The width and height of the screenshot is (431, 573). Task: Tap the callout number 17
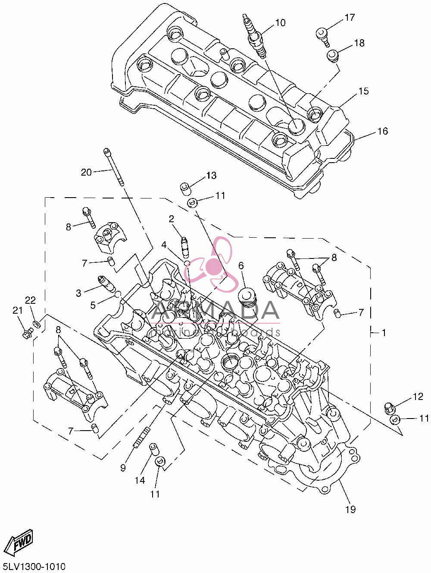[x=350, y=17]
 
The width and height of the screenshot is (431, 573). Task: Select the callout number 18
[x=359, y=43]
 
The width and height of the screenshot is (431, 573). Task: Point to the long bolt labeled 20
[x=114, y=167]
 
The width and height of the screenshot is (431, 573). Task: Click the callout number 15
[x=363, y=91]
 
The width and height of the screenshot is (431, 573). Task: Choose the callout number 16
[x=382, y=131]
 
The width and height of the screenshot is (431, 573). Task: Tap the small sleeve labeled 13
[x=186, y=189]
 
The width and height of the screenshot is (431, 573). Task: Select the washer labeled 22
[x=37, y=324]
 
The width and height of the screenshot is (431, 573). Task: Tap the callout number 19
[x=350, y=509]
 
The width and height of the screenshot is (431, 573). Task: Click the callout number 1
[x=383, y=333]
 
